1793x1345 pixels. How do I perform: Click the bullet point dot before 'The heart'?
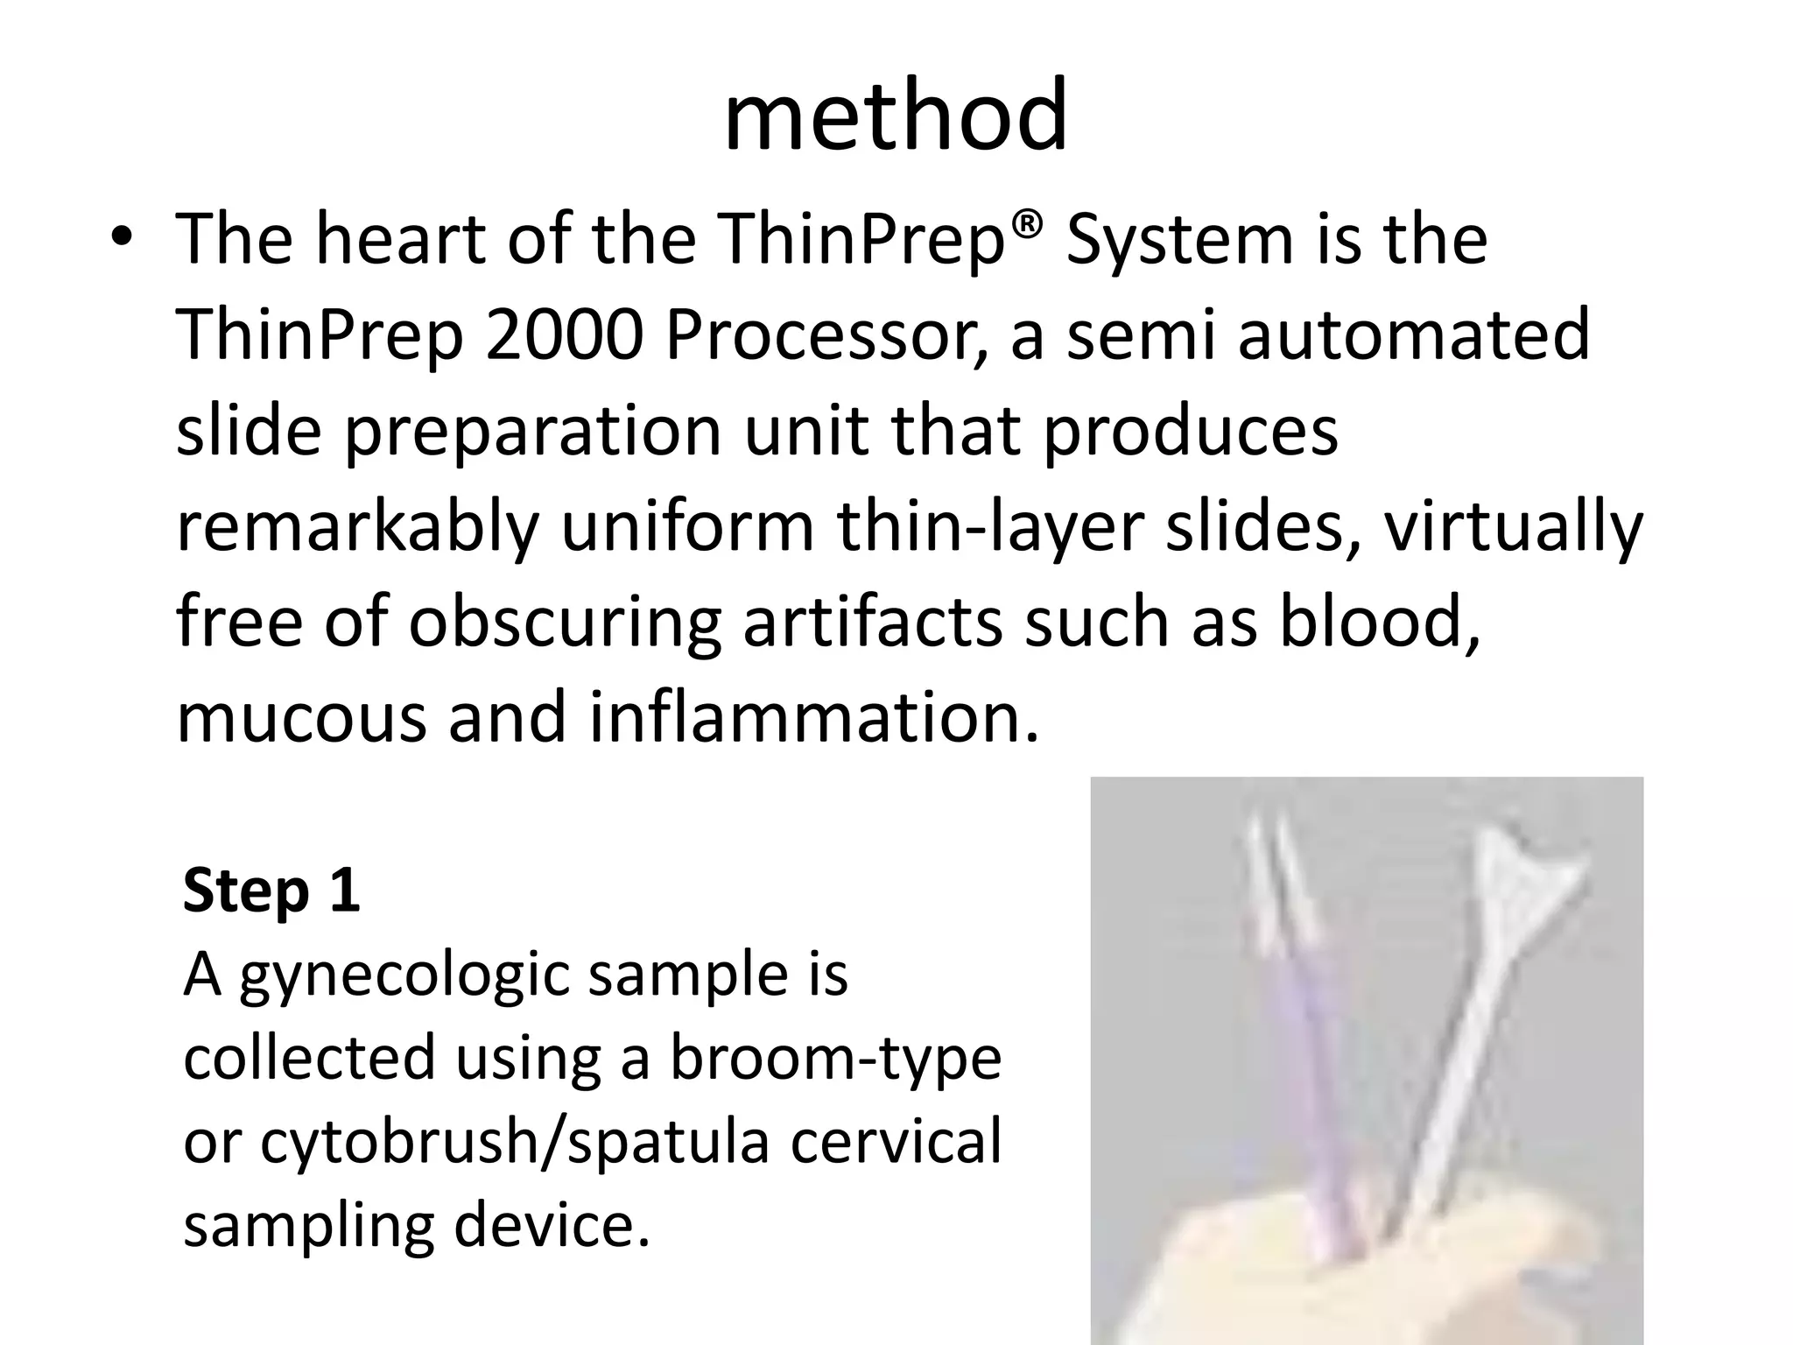122,241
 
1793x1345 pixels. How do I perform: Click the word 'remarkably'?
357,527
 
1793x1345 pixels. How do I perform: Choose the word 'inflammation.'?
813,718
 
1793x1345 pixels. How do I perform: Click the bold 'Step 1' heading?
271,891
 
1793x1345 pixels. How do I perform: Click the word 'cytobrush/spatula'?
515,1142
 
